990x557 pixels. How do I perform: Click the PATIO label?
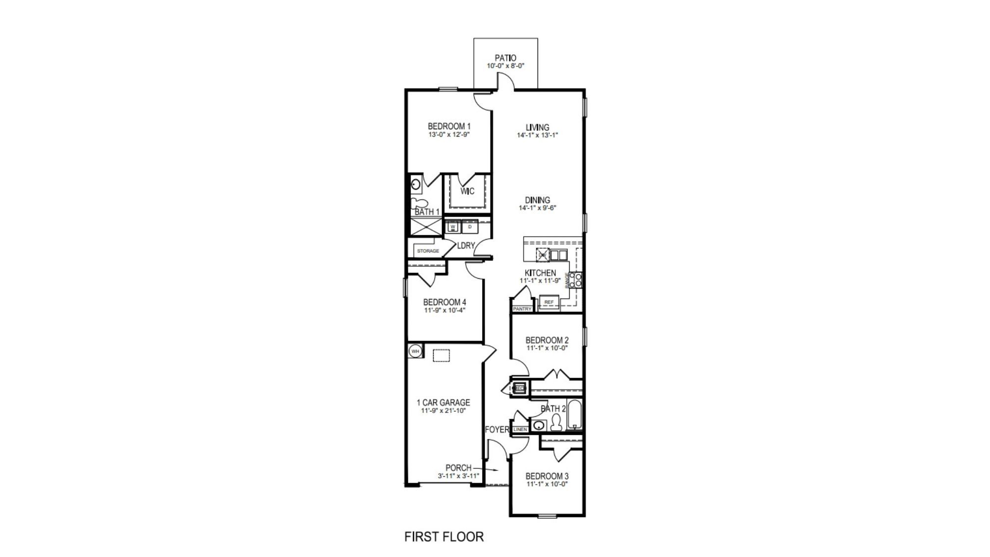505,58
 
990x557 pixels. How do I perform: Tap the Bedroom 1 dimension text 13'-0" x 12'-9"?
449,134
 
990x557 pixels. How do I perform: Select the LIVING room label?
537,127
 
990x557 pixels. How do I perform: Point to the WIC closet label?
467,192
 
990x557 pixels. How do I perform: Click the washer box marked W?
452,227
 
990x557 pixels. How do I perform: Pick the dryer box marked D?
470,227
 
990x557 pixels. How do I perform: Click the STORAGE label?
428,251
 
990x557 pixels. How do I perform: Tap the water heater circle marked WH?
415,351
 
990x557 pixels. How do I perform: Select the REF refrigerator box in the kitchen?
548,302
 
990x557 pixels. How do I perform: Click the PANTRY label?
522,309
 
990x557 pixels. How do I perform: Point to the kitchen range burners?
576,280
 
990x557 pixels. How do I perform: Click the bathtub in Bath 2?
574,416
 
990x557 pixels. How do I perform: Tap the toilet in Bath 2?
556,423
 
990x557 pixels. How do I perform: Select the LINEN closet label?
520,430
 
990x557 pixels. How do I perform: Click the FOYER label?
496,429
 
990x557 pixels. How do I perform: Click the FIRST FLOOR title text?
444,537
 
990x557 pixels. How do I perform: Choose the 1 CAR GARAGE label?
443,403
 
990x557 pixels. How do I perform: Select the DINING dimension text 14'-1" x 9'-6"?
538,208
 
